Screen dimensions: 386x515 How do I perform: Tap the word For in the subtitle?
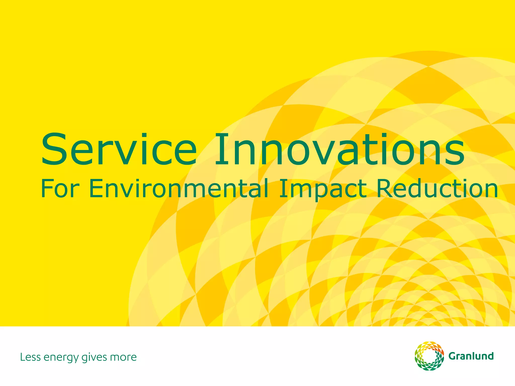point(60,188)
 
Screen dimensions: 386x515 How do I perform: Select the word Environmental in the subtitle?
point(179,188)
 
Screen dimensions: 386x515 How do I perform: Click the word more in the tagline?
point(123,357)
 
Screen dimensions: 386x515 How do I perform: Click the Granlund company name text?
point(471,356)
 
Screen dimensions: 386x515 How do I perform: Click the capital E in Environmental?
point(95,188)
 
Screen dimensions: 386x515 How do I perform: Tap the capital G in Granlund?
point(453,356)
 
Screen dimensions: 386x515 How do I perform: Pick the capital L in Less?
point(22,357)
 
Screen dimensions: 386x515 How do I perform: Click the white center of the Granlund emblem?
point(429,356)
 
